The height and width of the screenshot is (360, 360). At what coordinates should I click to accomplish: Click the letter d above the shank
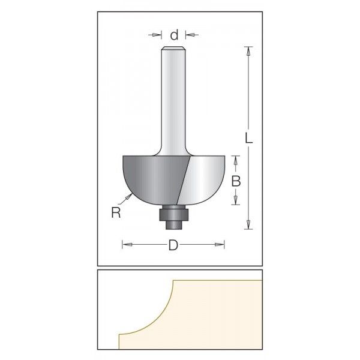pos(173,35)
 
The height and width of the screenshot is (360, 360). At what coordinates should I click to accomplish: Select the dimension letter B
pos(236,180)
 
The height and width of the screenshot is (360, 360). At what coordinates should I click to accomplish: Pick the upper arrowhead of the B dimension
pos(236,158)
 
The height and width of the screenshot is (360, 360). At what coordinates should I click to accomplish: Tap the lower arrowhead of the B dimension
pos(236,202)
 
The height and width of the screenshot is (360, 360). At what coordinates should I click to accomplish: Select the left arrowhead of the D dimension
pos(125,244)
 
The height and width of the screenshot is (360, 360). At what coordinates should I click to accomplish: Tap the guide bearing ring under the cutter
pos(173,211)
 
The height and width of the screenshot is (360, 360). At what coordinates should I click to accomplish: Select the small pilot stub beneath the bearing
pos(173,221)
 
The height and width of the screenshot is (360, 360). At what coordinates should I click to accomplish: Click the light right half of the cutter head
pos(204,177)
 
